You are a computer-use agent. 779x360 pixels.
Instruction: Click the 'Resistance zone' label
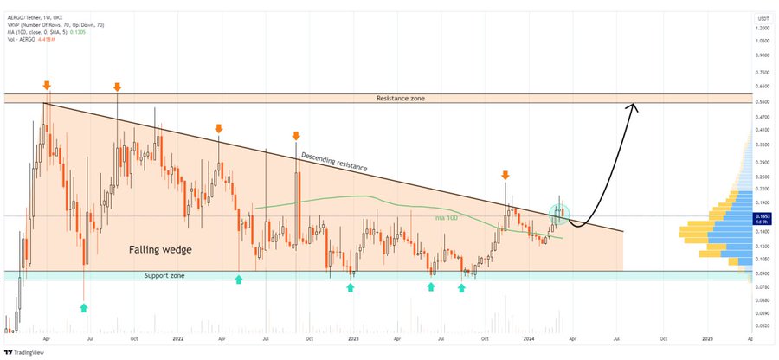(401, 99)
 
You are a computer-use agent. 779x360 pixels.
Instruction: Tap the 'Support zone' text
(168, 275)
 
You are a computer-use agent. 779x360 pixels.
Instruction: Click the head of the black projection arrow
(634, 107)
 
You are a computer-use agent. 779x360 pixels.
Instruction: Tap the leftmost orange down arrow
(46, 85)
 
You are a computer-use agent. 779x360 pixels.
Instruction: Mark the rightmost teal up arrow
(461, 286)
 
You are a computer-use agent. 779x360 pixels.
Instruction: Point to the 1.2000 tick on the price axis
(763, 28)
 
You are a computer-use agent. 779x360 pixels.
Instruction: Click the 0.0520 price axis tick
(763, 326)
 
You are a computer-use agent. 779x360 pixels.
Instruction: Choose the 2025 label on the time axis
(706, 338)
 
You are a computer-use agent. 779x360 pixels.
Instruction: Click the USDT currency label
(763, 17)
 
